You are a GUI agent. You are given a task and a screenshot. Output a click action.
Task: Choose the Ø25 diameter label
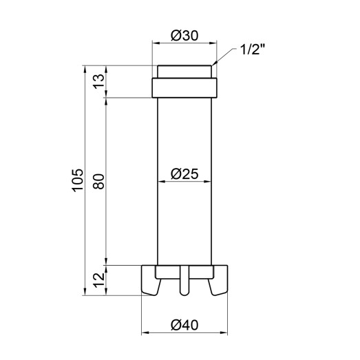pos(184,174)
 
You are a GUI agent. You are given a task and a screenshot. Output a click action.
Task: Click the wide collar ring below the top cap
pos(184,88)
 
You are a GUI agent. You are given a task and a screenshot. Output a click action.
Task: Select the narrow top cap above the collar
pos(184,72)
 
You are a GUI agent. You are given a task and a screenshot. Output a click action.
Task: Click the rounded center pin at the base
pos(184,282)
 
